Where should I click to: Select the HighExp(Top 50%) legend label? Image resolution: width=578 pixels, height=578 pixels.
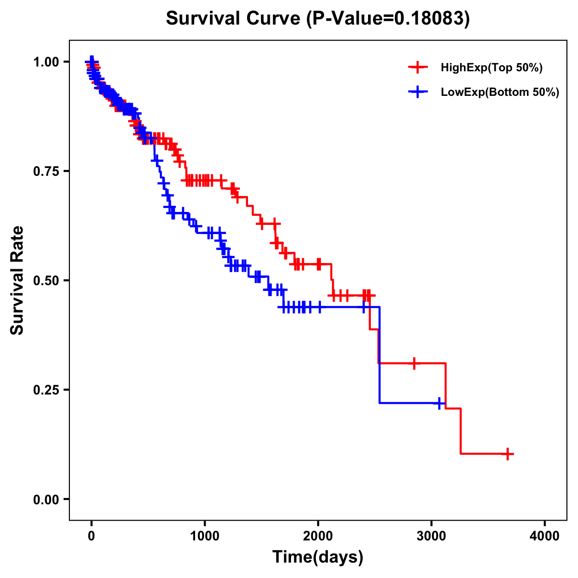coord(491,68)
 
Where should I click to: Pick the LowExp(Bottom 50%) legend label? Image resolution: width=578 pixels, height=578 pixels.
coord(500,92)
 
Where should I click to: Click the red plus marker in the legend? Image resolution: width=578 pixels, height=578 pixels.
coord(418,68)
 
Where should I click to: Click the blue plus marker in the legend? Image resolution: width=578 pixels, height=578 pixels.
coord(418,92)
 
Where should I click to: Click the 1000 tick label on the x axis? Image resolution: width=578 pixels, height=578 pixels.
coord(205,536)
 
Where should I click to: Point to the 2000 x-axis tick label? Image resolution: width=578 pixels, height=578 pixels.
coord(318,536)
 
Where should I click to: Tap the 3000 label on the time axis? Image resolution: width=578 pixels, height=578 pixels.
coord(432,536)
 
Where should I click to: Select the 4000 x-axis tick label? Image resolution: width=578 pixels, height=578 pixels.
coord(545,536)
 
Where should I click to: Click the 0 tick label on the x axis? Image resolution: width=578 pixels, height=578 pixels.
coord(92,536)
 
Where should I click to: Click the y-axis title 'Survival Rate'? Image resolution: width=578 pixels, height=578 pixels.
coord(17,280)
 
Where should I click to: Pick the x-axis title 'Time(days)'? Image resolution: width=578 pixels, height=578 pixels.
coord(318,557)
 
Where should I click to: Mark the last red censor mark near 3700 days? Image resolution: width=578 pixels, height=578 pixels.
coord(508,454)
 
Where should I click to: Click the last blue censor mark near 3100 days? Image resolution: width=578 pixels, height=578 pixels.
coord(439,403)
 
